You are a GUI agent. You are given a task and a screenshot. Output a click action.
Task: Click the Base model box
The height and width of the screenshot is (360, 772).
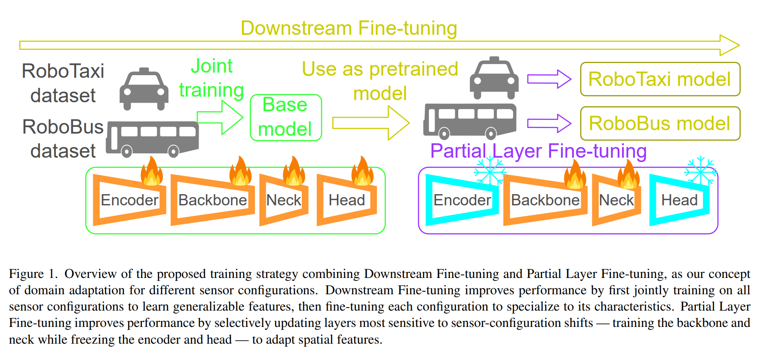coord(286,117)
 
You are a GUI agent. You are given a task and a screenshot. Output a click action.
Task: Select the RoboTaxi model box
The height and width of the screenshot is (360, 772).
coord(660,79)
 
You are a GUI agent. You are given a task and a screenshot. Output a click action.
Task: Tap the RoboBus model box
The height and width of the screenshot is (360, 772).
coord(660,123)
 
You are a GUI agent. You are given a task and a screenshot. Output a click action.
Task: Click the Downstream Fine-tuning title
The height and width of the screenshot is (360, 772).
coord(349,28)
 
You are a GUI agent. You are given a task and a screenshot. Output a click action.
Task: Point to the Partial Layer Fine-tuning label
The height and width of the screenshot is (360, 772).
coord(538,151)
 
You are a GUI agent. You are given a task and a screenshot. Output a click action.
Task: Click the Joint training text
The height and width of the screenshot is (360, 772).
coord(211,78)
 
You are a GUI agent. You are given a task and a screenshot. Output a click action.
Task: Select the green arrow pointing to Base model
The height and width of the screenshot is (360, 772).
coord(220,117)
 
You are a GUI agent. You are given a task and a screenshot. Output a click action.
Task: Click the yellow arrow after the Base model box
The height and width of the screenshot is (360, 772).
coord(371,123)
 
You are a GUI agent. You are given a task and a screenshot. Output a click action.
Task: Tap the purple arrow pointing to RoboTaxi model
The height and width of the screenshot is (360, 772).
coord(549,79)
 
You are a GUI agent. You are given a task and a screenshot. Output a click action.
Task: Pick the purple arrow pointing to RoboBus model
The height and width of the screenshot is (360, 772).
coord(549,123)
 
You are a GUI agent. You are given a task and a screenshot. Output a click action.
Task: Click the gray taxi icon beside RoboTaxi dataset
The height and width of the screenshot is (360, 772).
coord(144,89)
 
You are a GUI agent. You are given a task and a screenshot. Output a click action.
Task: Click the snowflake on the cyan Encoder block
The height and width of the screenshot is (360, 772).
coord(489,171)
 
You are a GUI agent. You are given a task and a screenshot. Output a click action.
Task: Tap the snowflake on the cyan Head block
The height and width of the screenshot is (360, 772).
coord(700,170)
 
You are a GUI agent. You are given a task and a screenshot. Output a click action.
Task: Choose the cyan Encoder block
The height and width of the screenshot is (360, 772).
coord(462,200)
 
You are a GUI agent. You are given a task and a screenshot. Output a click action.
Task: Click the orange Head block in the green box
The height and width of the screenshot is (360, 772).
coord(346,200)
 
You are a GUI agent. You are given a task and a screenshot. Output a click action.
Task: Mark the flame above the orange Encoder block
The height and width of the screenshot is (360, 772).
coord(152,171)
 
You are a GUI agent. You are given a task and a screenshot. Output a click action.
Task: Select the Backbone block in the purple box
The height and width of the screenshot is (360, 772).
coord(545,200)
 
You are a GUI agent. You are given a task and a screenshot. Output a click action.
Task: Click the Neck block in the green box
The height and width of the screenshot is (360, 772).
coord(284,200)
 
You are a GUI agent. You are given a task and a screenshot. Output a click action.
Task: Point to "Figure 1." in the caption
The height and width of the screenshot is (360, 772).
coord(33,274)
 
